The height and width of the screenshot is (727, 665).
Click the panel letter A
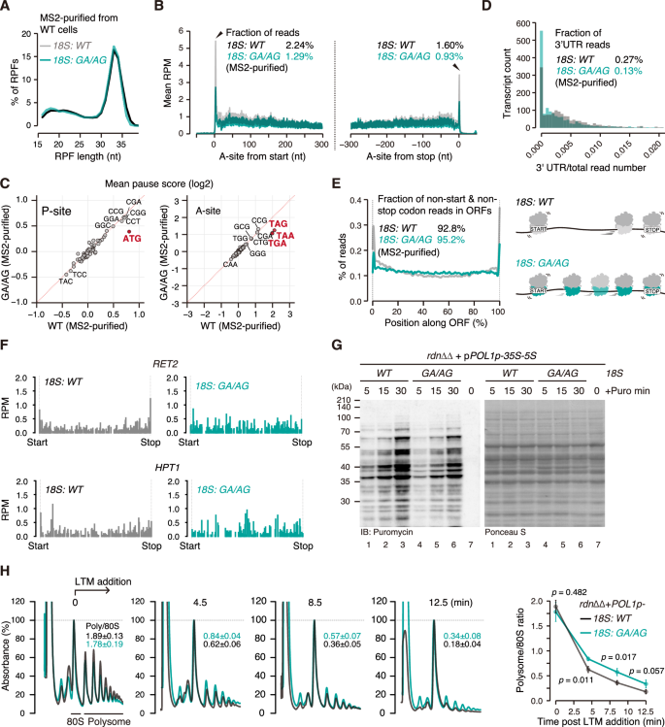pyautogui.click(x=7, y=8)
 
